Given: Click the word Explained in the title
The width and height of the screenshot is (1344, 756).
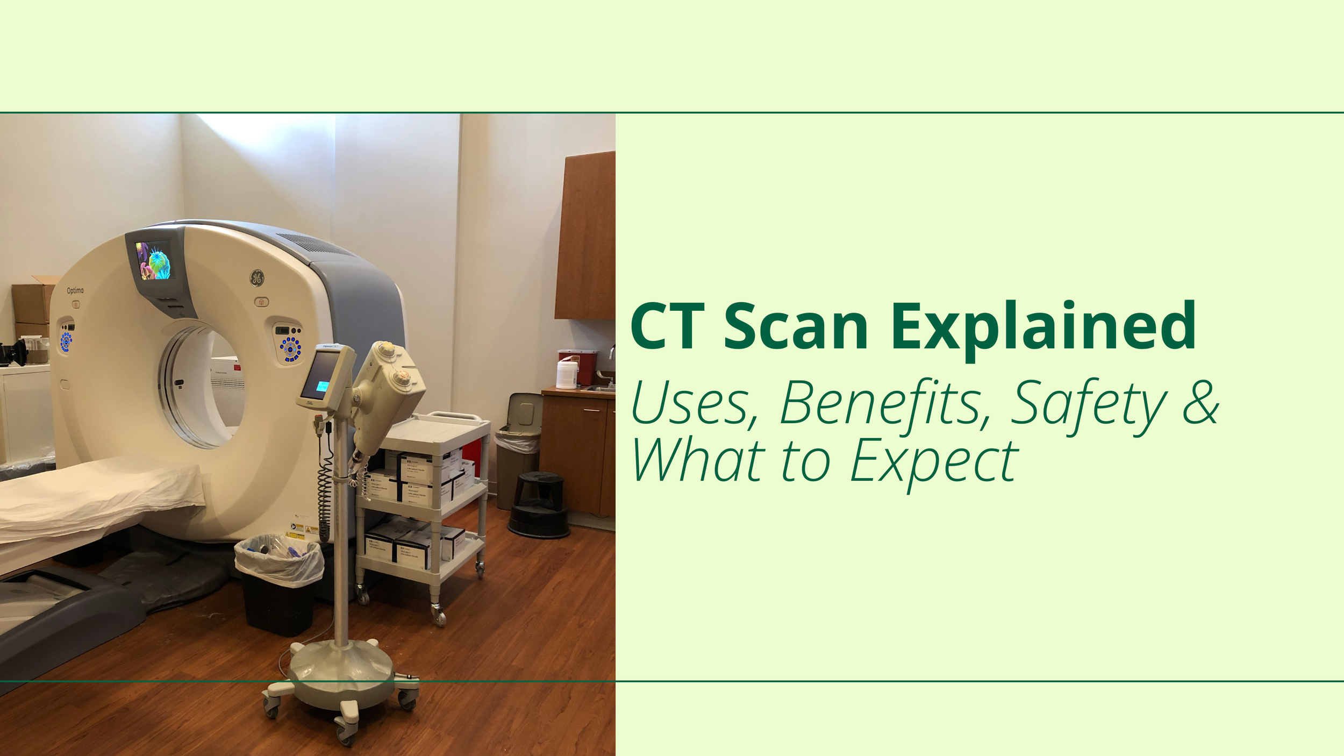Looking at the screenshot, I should click(1043, 327).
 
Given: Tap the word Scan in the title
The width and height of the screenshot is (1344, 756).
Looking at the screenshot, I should click(796, 327).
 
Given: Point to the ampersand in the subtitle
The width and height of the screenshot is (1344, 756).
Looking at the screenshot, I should click(1200, 402).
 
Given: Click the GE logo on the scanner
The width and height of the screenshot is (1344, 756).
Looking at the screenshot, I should click(257, 278).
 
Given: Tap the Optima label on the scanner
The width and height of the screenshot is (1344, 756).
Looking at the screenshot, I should click(75, 290).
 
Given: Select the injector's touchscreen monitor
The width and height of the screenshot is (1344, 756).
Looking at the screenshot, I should click(321, 375).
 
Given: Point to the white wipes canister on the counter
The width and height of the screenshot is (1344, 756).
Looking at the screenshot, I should click(567, 374).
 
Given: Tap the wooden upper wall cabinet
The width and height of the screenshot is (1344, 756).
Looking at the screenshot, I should click(586, 237).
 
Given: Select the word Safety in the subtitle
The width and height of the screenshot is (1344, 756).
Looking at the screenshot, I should click(1088, 403).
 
